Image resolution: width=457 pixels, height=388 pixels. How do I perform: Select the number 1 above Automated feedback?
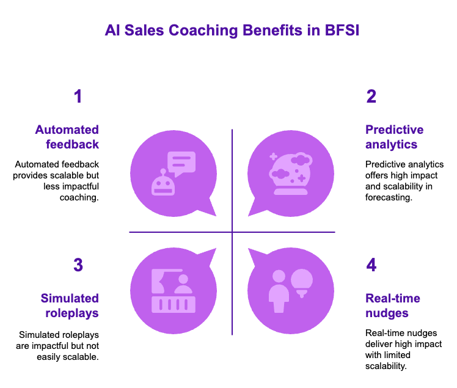78,97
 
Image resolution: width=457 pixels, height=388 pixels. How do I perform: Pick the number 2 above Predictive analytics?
371,97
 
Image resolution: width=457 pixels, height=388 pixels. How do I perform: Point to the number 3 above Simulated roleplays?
78,265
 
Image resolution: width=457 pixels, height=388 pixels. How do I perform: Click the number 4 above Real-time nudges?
371,265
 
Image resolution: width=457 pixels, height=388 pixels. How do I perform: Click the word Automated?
67,130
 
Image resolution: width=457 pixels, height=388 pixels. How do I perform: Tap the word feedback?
72,145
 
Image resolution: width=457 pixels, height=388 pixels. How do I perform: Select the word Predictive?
394,130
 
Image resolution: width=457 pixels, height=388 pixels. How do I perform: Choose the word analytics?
391,145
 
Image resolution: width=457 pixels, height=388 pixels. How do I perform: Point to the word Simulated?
70,298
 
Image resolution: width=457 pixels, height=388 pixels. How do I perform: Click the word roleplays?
72,313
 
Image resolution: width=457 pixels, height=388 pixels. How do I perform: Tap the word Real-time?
393,298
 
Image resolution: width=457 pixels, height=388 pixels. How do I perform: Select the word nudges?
387,313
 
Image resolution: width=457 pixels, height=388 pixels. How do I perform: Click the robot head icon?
163,183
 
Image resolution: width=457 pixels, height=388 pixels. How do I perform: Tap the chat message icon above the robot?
181,163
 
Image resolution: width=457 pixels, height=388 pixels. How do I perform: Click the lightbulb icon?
301,282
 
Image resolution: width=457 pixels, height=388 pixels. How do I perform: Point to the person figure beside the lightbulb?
279,291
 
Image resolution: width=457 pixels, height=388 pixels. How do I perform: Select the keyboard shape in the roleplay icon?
173,304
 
